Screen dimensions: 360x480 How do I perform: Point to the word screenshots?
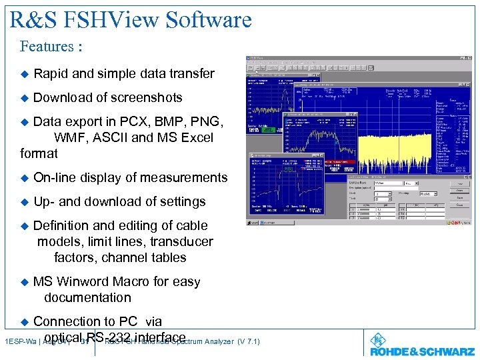pyautogui.click(x=147, y=97)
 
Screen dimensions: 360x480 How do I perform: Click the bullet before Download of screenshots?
pyautogui.click(x=25, y=98)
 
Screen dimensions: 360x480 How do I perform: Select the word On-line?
pyautogui.click(x=55, y=177)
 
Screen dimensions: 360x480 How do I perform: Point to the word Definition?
pyautogui.click(x=62, y=225)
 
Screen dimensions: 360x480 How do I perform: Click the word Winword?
pyautogui.click(x=84, y=281)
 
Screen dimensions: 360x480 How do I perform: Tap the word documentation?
pyautogui.click(x=87, y=297)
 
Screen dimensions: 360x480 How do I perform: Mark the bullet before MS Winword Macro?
pyautogui.click(x=25, y=282)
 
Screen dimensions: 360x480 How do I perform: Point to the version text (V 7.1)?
pyautogui.click(x=248, y=342)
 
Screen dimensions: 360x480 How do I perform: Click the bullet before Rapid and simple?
pyautogui.click(x=25, y=74)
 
